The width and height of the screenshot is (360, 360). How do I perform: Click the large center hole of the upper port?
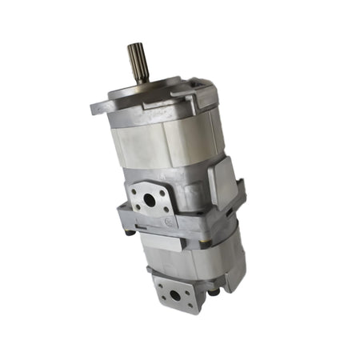click(150, 200)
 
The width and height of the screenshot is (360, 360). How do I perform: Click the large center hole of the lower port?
click(174, 294)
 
